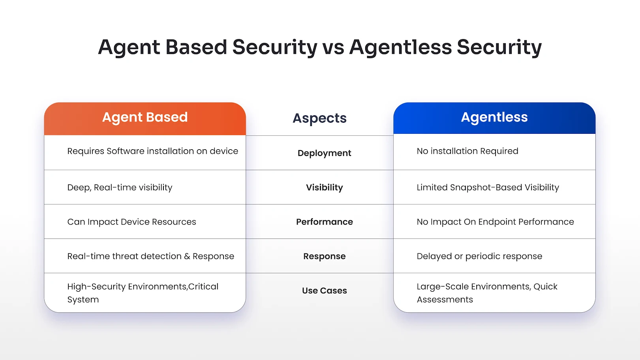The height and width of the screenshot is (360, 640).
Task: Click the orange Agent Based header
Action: (145, 118)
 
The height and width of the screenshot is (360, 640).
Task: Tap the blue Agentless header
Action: (494, 118)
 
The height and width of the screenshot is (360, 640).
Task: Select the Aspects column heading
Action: (319, 118)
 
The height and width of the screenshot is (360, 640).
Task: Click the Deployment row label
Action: (324, 153)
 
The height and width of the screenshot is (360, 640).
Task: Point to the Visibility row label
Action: (324, 187)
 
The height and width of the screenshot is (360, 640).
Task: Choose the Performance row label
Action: (324, 222)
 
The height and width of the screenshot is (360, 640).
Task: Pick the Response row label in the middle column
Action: (324, 256)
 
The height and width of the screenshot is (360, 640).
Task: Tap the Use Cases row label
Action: (324, 291)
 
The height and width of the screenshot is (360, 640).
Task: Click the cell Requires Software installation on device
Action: (152, 151)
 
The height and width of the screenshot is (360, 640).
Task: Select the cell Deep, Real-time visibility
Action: (120, 187)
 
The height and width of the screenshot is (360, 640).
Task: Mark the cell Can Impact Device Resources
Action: (131, 222)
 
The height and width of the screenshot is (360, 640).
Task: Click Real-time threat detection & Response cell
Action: (150, 256)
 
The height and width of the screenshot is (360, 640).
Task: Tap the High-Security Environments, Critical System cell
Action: (143, 293)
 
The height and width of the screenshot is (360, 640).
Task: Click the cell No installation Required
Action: (467, 151)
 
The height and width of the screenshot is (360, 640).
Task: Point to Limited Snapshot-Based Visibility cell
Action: (488, 187)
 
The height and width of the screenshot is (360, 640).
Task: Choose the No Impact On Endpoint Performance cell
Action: (495, 222)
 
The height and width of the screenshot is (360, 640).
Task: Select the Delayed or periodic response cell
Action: (479, 256)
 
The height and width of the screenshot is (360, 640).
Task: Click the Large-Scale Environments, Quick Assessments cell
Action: (487, 293)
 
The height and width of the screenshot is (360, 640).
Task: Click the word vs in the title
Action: (333, 48)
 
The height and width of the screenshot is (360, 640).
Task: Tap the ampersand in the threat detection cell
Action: (187, 257)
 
